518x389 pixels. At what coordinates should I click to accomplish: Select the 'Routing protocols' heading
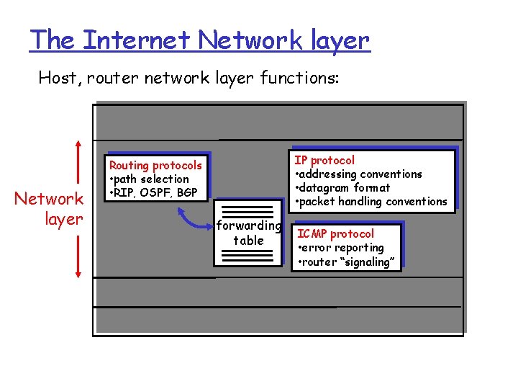(155, 165)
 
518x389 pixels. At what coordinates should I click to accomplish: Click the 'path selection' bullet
(151, 179)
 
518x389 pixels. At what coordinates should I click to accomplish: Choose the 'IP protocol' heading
(325, 160)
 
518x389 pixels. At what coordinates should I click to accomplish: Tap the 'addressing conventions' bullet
(361, 174)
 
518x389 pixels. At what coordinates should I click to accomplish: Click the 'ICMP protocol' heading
(336, 233)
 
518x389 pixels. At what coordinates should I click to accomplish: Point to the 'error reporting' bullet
(344, 248)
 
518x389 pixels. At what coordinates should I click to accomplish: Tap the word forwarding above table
(248, 226)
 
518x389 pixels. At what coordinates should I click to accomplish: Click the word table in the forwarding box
(248, 240)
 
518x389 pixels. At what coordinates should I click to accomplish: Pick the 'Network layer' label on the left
(50, 208)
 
